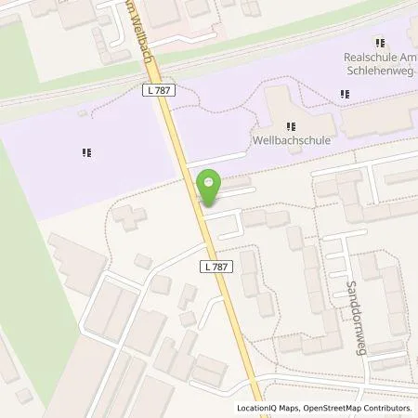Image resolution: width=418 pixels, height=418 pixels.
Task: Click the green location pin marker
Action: pyautogui.click(x=210, y=188)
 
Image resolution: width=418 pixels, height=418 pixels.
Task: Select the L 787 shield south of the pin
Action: pyautogui.click(x=215, y=266)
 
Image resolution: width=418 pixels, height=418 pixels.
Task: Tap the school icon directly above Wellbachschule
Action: pyautogui.click(x=291, y=126)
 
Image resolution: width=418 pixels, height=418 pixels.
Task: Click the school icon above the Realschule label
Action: pyautogui.click(x=378, y=42)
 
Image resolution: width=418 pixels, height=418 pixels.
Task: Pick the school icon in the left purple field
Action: pyautogui.click(x=86, y=152)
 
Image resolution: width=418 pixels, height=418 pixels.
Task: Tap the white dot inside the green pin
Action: pyautogui.click(x=210, y=182)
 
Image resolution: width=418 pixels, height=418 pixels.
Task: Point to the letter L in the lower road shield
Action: pyautogui.click(x=205, y=266)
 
